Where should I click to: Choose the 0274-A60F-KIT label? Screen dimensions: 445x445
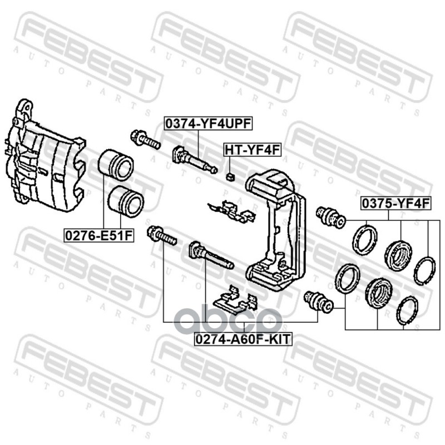(242, 338)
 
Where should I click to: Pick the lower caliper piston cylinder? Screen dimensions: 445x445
(126, 200)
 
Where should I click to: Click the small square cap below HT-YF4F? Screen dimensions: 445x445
(230, 177)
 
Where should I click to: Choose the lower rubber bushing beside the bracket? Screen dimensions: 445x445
(318, 301)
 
